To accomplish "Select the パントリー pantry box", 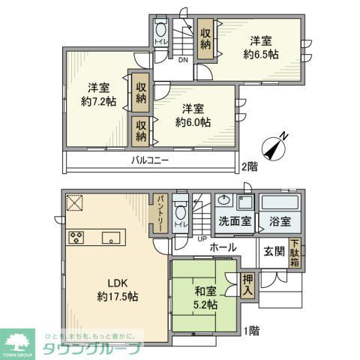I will click(160, 215).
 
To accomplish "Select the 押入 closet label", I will click(248, 283).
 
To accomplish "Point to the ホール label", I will click(223, 247).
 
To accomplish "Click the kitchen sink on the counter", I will click(111, 238).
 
